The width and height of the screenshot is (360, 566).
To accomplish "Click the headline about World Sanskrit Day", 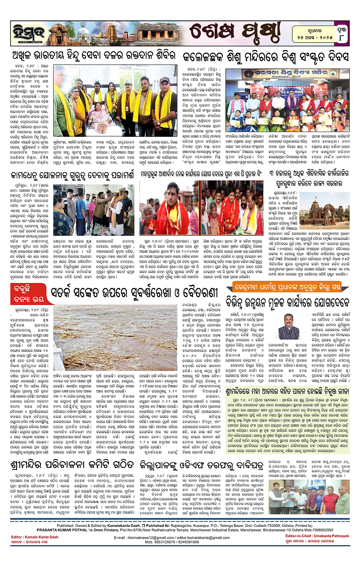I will click(x=265, y=57).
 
